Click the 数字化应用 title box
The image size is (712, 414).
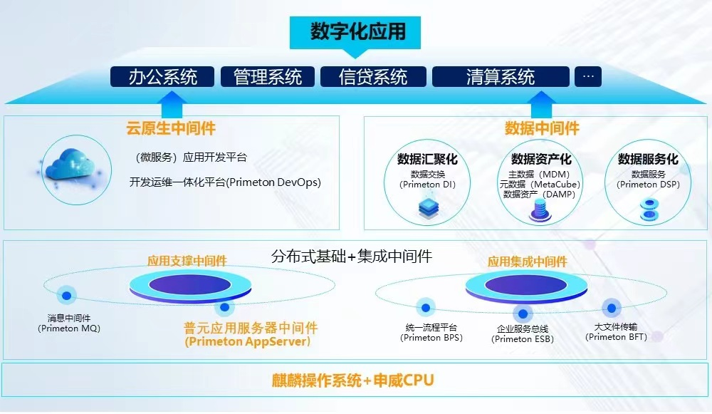point(355,33)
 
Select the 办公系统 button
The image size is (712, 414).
point(162,77)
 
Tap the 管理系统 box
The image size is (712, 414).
point(268,77)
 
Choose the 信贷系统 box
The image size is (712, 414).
point(373,77)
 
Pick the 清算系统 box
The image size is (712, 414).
point(501,77)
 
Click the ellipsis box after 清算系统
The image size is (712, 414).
point(588,77)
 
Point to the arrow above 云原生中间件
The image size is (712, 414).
point(172,105)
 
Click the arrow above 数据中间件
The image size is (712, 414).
point(541,105)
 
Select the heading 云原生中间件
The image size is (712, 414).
point(171,128)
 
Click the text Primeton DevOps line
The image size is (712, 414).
point(225,182)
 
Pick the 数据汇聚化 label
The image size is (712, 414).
point(427,159)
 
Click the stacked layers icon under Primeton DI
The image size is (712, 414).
point(429,207)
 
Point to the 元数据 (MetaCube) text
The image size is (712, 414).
point(540,185)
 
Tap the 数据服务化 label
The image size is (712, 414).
point(648,159)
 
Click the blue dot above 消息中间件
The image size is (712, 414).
point(67,296)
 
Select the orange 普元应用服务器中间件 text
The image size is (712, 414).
point(251,328)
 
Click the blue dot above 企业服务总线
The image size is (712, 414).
point(523,314)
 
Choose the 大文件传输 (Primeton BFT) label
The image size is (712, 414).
point(616,332)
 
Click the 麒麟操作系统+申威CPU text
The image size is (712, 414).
point(353,381)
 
